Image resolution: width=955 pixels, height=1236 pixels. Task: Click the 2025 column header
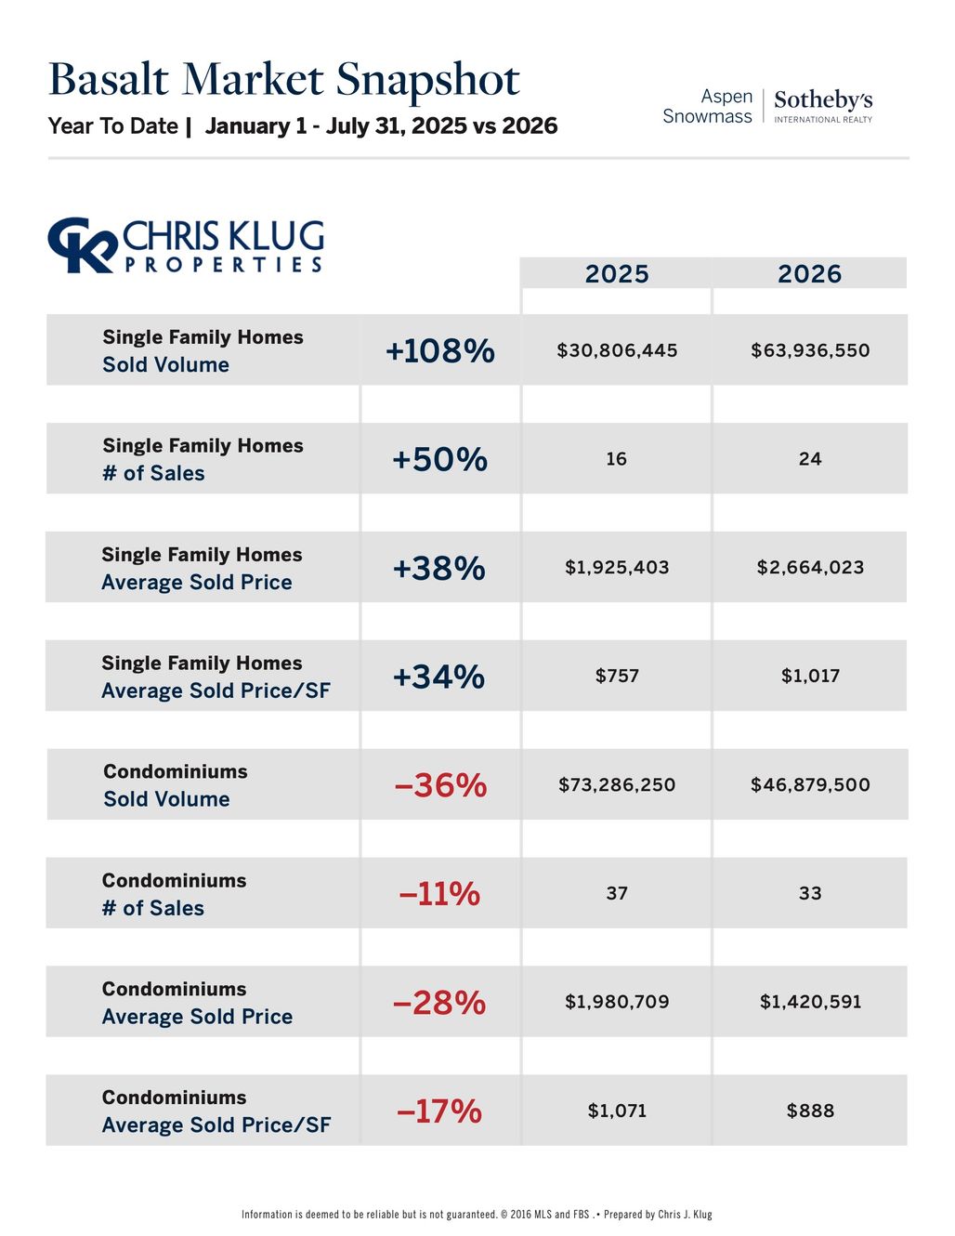[617, 274]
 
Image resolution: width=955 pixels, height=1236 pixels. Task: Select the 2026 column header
[809, 274]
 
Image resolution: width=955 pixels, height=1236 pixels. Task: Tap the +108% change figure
[440, 350]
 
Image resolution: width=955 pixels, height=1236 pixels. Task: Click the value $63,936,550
[810, 350]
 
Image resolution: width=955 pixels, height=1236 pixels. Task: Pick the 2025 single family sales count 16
[617, 458]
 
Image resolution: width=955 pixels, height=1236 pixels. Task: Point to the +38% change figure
[439, 568]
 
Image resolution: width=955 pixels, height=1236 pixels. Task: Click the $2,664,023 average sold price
[810, 567]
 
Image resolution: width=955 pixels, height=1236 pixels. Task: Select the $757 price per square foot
[618, 676]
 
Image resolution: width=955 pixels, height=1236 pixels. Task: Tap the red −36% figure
[440, 785]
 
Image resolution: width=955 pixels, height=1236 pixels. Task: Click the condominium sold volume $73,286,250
[617, 785]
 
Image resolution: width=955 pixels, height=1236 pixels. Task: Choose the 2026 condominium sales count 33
[810, 893]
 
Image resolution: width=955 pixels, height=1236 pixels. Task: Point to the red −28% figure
[439, 1002]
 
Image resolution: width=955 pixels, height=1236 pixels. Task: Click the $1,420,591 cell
[811, 1002]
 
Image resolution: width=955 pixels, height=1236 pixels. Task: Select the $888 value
[810, 1111]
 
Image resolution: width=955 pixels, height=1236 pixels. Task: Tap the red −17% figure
[439, 1111]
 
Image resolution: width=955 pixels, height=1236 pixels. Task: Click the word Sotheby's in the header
[823, 100]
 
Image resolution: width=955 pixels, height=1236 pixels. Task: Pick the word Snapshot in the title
[427, 80]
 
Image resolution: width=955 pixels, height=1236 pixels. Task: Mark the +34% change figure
[438, 677]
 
